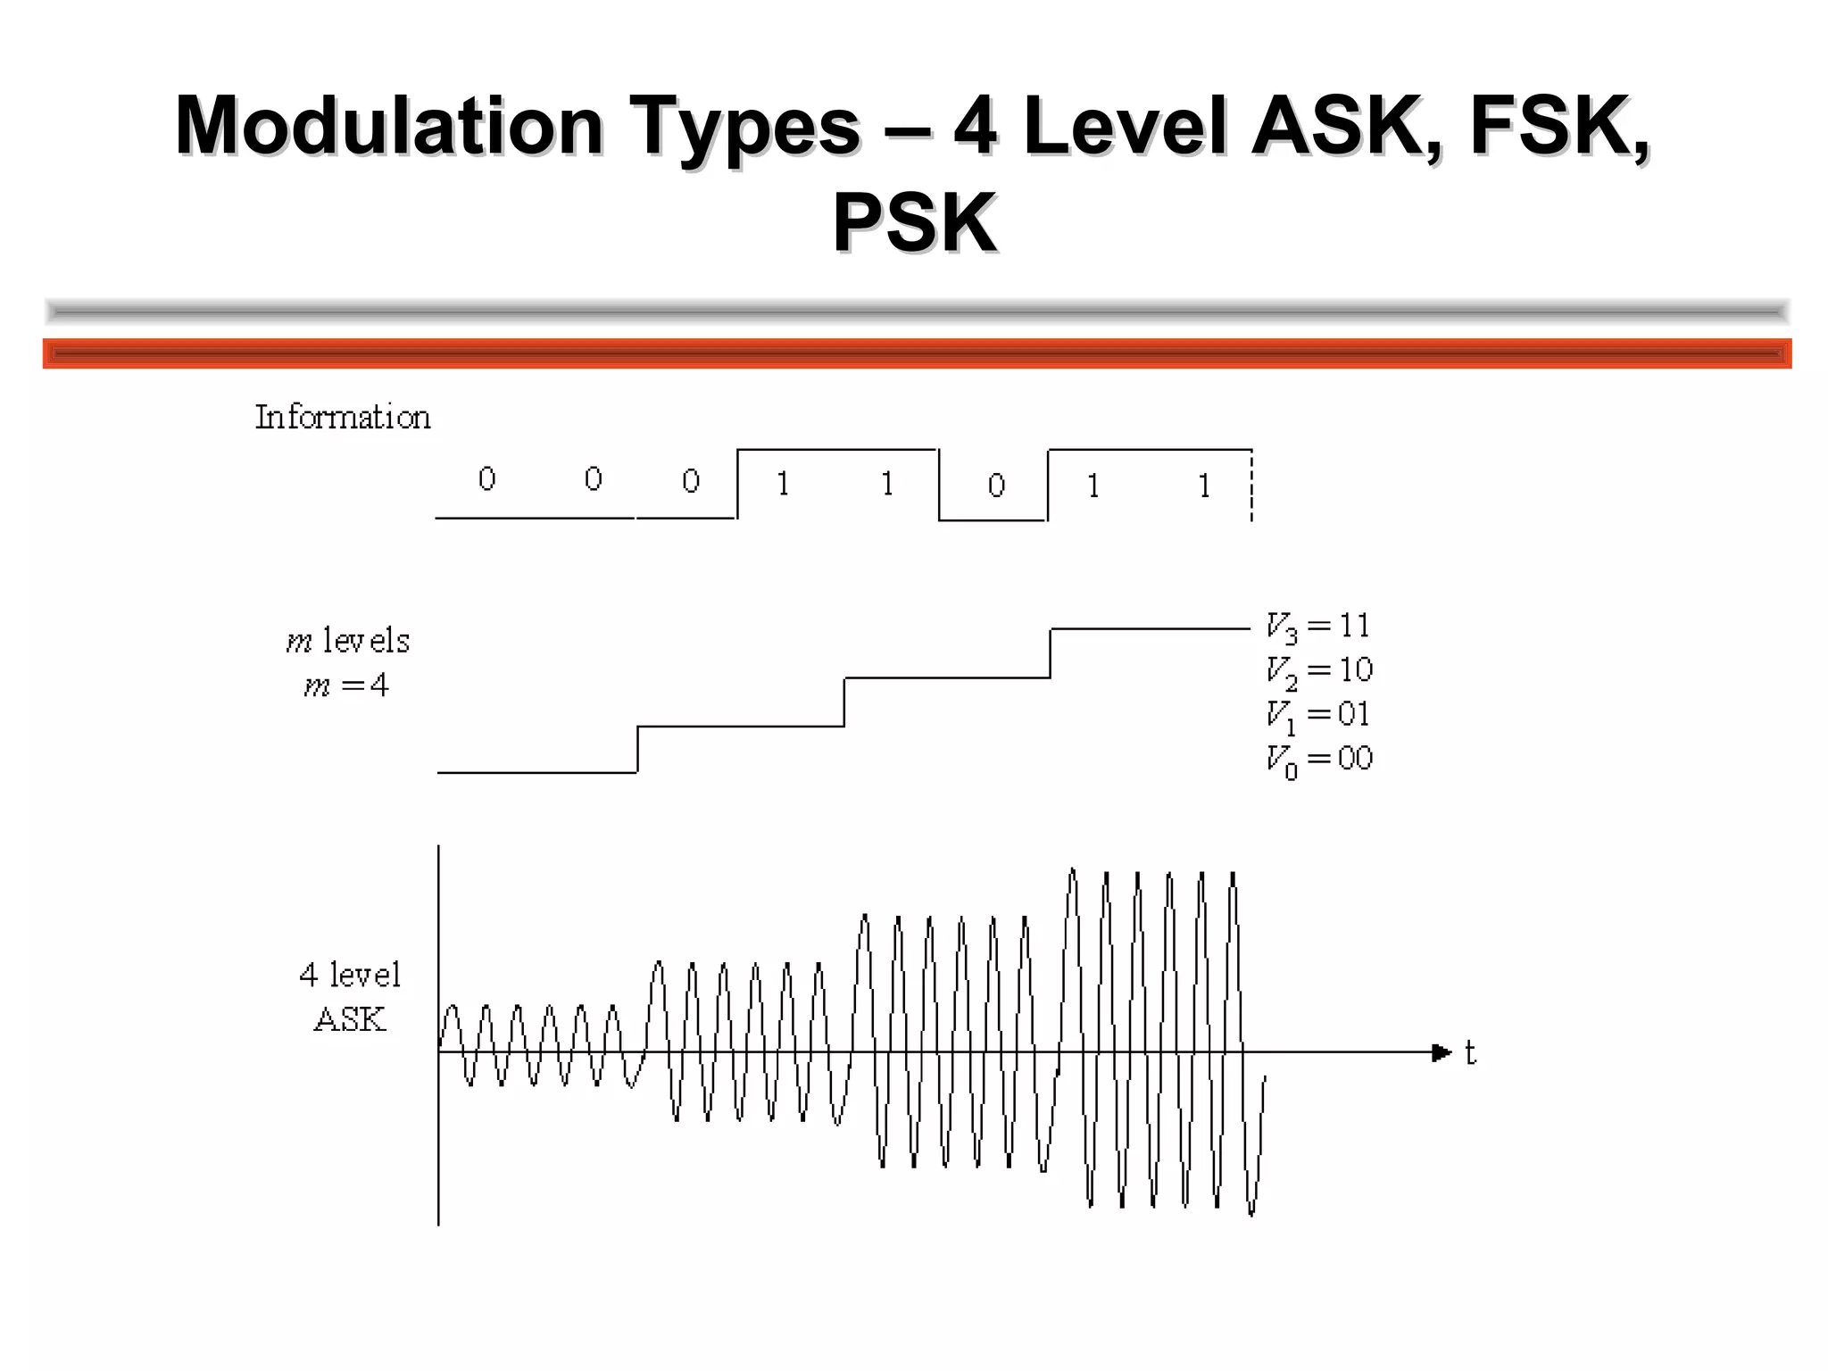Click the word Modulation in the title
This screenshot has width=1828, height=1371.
tap(389, 126)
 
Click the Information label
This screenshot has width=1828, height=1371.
tap(343, 417)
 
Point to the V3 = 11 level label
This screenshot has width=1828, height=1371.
tap(1317, 627)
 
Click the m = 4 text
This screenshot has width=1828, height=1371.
tap(346, 685)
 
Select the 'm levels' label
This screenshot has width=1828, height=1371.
tap(348, 641)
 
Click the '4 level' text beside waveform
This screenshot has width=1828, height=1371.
tap(350, 975)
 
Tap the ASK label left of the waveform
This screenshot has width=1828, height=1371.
tap(350, 1019)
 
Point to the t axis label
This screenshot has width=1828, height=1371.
tap(1470, 1053)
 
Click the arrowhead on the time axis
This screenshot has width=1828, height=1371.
tap(1441, 1053)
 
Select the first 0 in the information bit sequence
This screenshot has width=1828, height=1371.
tap(486, 479)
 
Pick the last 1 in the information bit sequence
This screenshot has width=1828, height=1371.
tap(1204, 486)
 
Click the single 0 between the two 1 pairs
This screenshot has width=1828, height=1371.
tap(996, 486)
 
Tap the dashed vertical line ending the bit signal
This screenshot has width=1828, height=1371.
tap(1252, 486)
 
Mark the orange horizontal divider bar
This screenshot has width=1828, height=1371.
tap(917, 353)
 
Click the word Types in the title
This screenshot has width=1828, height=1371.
tap(744, 126)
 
